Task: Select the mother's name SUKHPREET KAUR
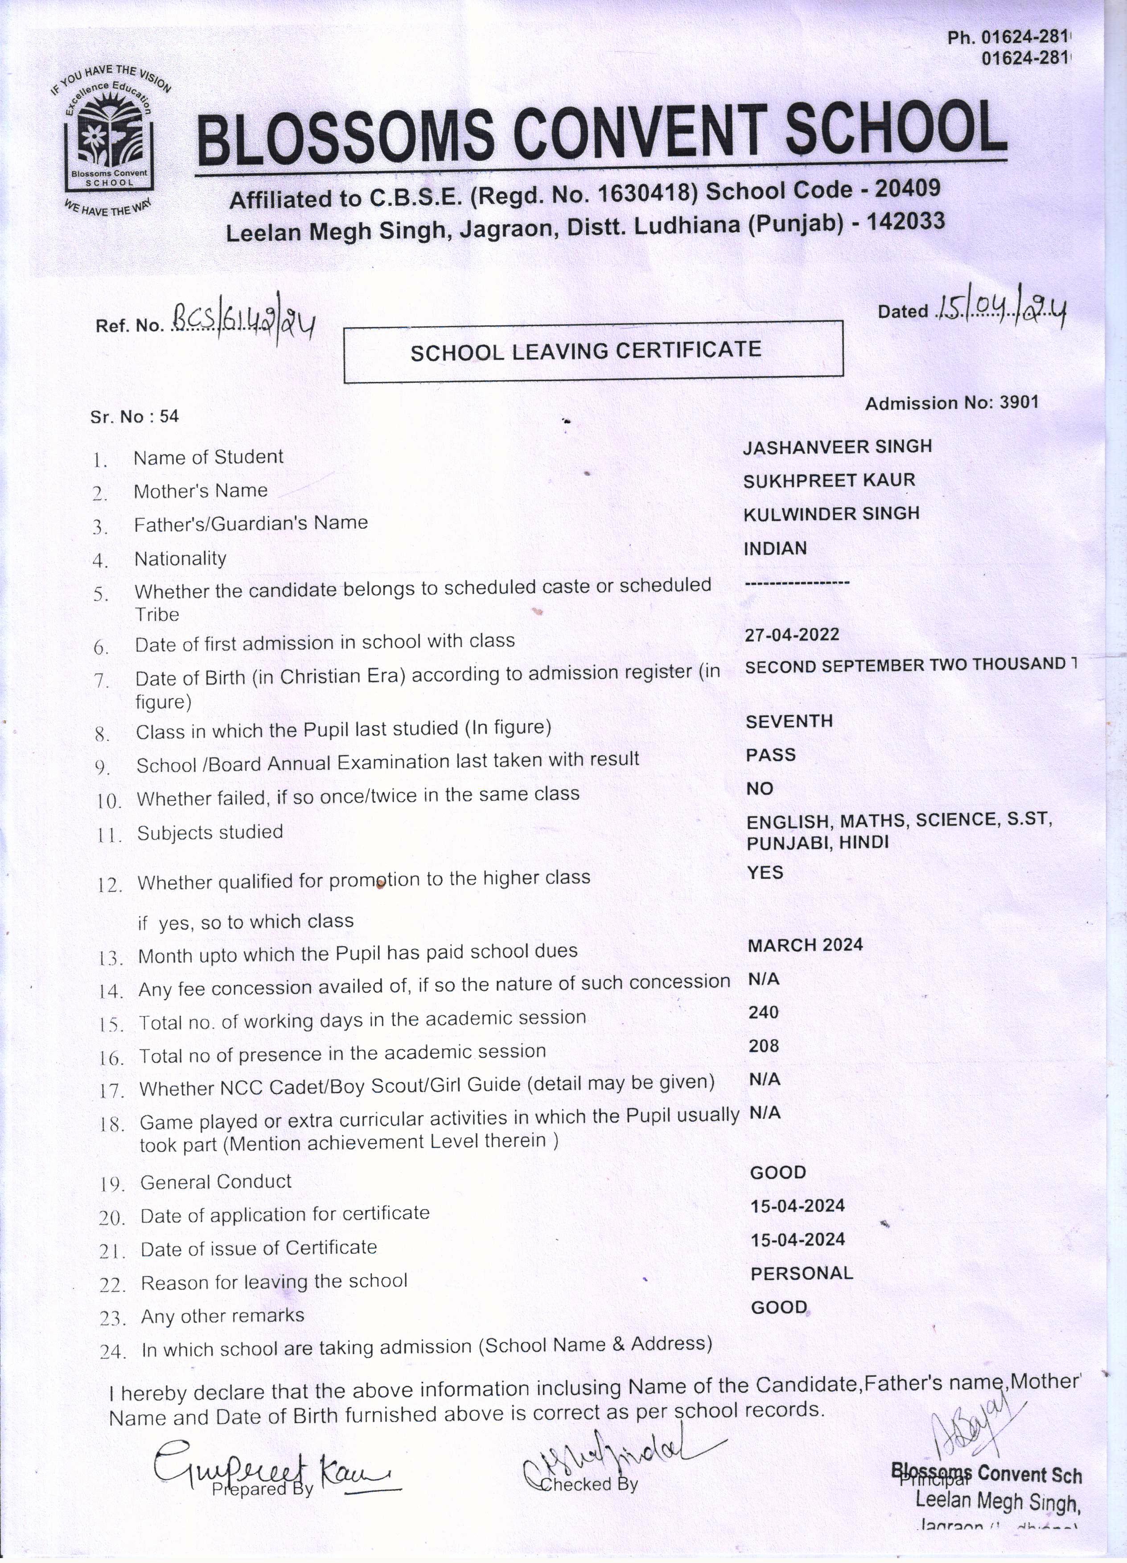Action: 829,480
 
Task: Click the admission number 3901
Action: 1018,402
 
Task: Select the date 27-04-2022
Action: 791,635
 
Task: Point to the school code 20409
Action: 907,188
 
